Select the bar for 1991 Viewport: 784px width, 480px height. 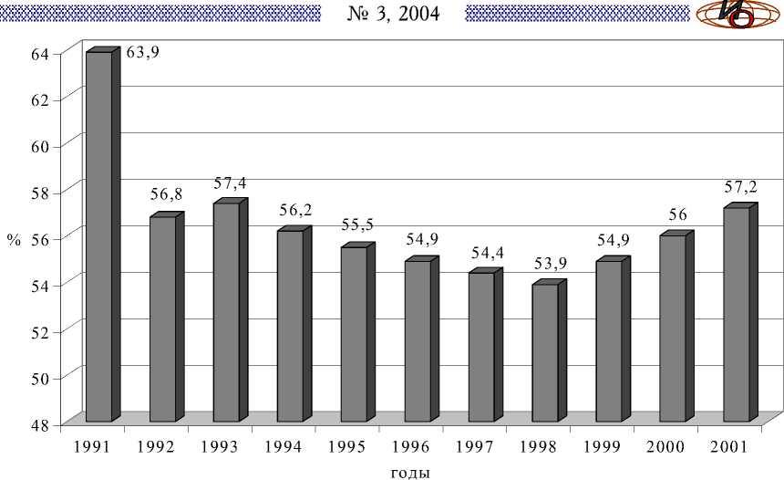click(x=98, y=237)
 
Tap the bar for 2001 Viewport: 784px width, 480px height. click(x=737, y=315)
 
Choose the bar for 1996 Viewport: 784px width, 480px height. click(x=418, y=341)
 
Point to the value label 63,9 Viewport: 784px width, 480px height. click(x=143, y=53)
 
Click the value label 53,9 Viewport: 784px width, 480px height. click(x=549, y=265)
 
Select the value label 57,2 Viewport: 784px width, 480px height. click(x=740, y=188)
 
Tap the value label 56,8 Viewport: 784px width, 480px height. click(x=166, y=196)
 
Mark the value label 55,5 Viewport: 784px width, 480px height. click(x=357, y=225)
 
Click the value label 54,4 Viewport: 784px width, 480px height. click(x=485, y=252)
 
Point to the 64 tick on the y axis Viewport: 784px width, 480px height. click(x=38, y=54)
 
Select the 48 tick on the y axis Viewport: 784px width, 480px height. click(x=38, y=423)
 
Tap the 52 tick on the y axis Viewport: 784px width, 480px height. click(x=38, y=331)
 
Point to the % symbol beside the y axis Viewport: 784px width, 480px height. click(x=14, y=241)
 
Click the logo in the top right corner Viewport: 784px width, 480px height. click(x=737, y=15)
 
